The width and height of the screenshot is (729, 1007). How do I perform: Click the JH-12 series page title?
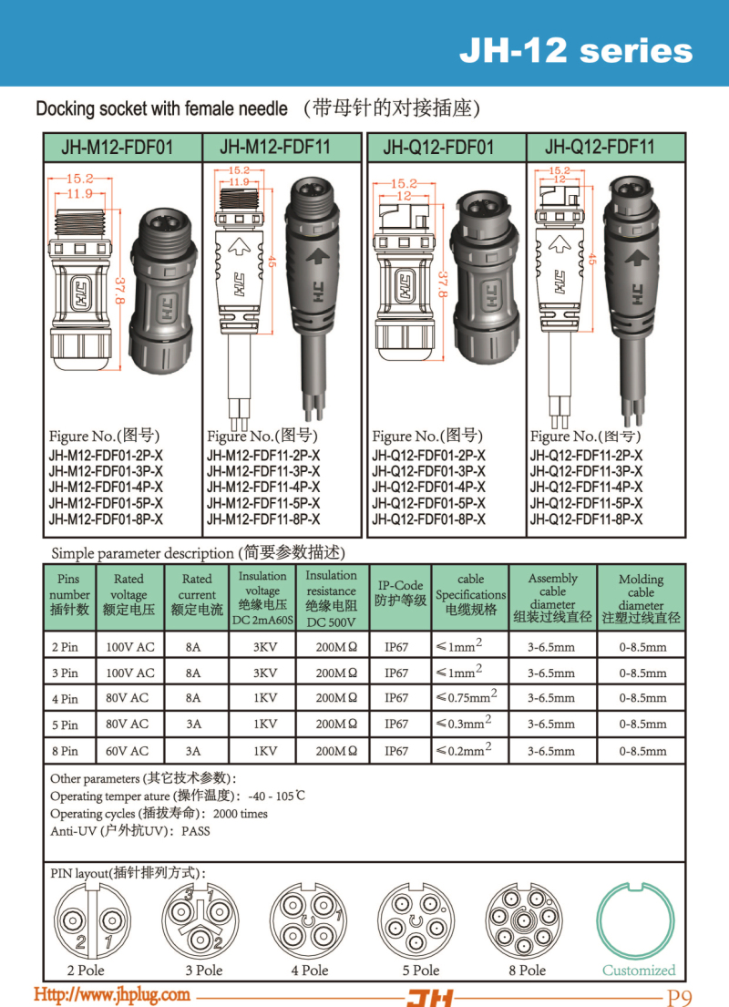pos(575,50)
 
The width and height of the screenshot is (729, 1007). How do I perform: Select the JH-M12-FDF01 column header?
pos(123,148)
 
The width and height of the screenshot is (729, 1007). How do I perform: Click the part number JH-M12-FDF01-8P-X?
pos(106,519)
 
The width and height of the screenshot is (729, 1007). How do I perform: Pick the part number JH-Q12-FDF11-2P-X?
pos(586,456)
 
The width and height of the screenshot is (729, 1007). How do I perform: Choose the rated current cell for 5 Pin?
pos(192,724)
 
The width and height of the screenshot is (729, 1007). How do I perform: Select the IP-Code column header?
pos(400,593)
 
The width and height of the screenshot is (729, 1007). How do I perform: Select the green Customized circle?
pos(639,921)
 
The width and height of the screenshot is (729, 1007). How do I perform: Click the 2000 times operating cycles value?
pos(241,814)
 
